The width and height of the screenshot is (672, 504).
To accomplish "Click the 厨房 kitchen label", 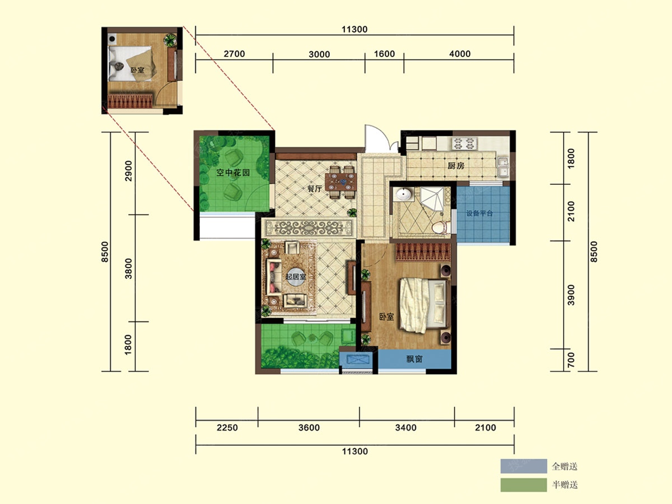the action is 456,166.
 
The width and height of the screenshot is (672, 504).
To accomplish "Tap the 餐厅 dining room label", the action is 314,189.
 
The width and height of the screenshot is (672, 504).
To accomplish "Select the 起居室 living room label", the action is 296,277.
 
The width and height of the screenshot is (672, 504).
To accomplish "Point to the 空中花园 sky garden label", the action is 233,172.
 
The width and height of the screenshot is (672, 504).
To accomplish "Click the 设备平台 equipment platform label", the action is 479,213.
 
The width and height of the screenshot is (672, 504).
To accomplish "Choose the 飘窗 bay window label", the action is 414,358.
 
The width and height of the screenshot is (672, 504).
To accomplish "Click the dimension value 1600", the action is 384,54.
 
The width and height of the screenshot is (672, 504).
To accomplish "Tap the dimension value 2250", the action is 227,427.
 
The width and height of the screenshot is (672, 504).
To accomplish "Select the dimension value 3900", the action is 571,295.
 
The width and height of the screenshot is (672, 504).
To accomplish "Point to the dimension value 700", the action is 571,360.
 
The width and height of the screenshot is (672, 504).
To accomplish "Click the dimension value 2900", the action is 128,171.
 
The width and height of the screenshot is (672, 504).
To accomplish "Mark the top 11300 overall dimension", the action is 354,29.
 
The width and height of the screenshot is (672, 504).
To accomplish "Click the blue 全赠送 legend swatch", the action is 524,466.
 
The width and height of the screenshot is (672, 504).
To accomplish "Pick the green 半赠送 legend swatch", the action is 524,485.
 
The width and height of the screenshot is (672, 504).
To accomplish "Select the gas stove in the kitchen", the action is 464,143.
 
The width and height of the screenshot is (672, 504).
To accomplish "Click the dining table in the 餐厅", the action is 340,182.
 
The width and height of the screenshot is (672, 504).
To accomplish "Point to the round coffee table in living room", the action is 296,277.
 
